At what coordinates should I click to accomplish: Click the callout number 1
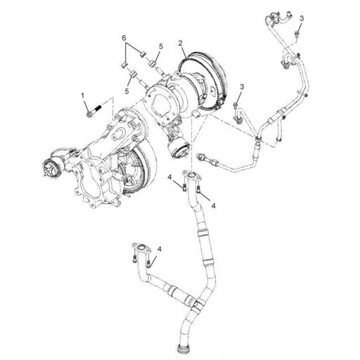(82, 94)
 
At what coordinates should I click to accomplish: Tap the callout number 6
(124, 37)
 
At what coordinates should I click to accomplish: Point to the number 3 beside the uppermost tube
(302, 18)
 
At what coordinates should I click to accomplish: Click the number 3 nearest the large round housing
(240, 86)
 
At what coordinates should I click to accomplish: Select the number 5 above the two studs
(160, 46)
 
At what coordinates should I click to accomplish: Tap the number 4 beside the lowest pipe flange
(160, 250)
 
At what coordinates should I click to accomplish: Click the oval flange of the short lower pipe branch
(141, 247)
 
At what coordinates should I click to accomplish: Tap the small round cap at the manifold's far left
(51, 167)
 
